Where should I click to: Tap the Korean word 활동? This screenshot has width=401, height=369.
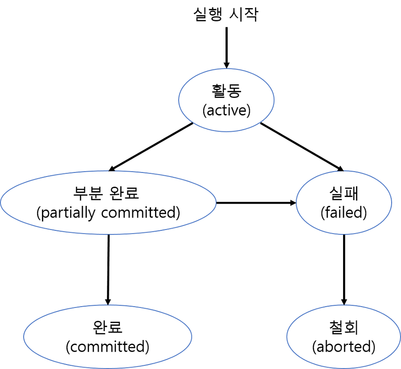pos(226,91)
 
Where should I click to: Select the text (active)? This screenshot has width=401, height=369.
pos(226,110)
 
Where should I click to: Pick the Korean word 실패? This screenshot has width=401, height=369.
pos(344,193)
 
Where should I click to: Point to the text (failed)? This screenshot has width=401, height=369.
pos(344,213)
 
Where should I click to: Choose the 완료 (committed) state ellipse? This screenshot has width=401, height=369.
pos(107,359)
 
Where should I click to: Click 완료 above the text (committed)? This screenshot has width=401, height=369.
pos(107,328)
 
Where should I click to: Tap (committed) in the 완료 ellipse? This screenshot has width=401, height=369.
pos(107,347)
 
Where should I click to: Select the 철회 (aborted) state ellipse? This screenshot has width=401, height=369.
pos(344,359)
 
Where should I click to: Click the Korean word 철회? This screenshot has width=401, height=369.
pos(344,328)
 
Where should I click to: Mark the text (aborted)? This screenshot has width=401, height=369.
pos(344,347)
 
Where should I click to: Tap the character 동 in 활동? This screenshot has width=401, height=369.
pos(234,91)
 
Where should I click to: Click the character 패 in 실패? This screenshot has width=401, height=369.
pos(352,193)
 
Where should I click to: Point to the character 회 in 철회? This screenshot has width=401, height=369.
pos(352,328)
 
